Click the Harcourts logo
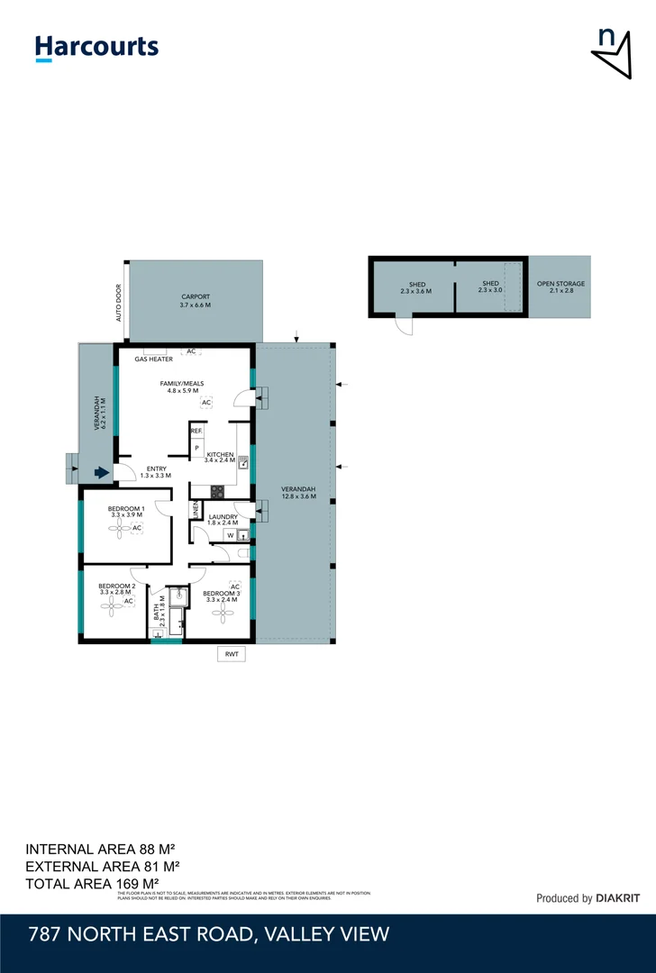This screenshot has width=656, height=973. pyautogui.click(x=96, y=48)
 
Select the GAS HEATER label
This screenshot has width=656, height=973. pyautogui.click(x=153, y=359)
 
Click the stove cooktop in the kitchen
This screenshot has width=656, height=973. pyautogui.click(x=217, y=491)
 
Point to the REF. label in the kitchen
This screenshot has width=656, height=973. pyautogui.click(x=196, y=432)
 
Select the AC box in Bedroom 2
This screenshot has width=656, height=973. pyautogui.click(x=129, y=601)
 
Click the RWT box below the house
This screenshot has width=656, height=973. pyautogui.click(x=232, y=655)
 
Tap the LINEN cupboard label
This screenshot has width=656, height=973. pyautogui.click(x=195, y=510)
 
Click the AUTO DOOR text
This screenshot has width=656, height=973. pyautogui.click(x=118, y=305)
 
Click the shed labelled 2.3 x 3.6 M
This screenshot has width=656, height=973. pyautogui.click(x=416, y=287)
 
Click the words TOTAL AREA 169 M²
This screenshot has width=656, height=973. pyautogui.click(x=92, y=883)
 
